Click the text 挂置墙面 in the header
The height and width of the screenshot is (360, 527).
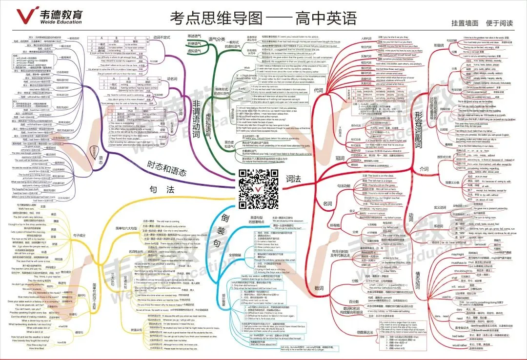coord(465,22)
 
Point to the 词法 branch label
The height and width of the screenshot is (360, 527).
coord(293,179)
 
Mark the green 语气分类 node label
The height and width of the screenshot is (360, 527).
coord(217,39)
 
